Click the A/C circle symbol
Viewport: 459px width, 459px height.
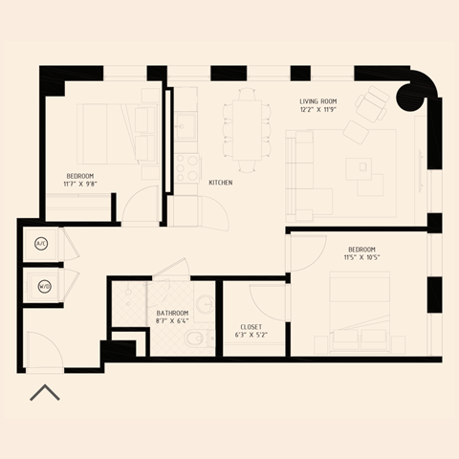[41, 244]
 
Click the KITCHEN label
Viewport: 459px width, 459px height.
[221, 183]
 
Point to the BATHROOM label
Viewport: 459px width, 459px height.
[172, 313]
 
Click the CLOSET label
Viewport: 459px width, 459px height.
[250, 327]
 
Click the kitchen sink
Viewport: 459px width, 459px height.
[185, 125]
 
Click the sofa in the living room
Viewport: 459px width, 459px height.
[298, 172]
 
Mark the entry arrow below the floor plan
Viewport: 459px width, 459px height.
[45, 392]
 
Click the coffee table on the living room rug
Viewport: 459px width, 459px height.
[363, 165]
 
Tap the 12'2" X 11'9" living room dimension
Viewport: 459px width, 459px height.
[319, 109]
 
